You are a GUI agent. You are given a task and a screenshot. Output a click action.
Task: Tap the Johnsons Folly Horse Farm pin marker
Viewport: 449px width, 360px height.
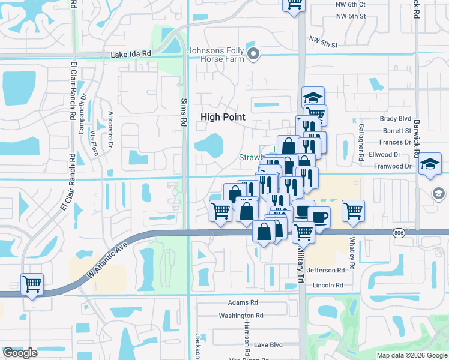[254, 55]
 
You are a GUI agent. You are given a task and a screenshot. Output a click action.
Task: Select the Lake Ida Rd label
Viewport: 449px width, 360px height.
[131, 55]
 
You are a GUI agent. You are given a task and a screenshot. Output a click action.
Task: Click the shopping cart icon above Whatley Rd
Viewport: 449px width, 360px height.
[353, 211]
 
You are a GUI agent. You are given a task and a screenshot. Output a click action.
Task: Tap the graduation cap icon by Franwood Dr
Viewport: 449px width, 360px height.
[430, 164]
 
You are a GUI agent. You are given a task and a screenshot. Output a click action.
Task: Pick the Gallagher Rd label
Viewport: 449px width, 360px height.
[361, 142]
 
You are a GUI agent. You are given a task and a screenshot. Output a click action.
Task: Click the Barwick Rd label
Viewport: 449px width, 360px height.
[416, 19]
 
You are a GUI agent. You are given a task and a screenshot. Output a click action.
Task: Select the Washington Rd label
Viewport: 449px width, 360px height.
[241, 316]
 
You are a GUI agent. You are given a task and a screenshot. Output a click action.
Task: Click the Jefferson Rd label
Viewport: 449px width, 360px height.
[325, 271]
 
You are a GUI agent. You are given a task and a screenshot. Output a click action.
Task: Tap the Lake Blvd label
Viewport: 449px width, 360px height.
[268, 345]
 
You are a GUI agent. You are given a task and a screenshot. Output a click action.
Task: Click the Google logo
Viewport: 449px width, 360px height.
[20, 353]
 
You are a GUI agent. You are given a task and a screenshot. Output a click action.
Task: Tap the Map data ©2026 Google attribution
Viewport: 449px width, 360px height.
[411, 355]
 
